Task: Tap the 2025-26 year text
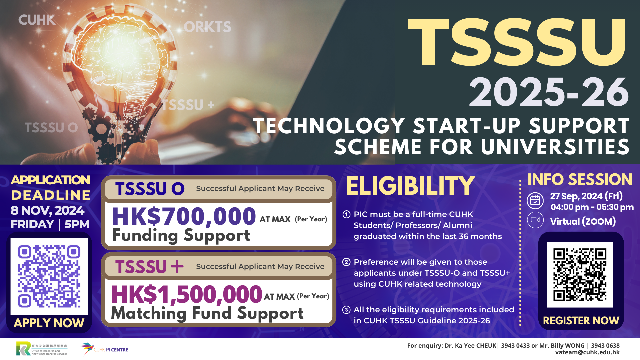[x=549, y=92]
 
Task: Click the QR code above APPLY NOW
[x=49, y=276]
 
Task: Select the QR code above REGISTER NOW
[x=580, y=275]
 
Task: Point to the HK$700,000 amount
[x=184, y=217]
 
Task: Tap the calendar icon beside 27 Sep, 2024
[x=535, y=201]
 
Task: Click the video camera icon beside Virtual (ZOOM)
[x=535, y=220]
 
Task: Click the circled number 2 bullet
[x=346, y=262]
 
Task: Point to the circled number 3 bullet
[x=346, y=310]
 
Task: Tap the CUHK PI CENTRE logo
[x=104, y=349]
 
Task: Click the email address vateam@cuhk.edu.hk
[x=587, y=352]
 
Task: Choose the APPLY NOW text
[x=49, y=323]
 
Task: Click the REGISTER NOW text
[x=581, y=321]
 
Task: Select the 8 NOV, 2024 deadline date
[x=47, y=210]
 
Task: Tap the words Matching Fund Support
[x=207, y=313]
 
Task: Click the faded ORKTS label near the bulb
[x=207, y=27]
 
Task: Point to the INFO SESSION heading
[x=580, y=179]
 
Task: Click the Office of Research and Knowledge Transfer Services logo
[x=42, y=349]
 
